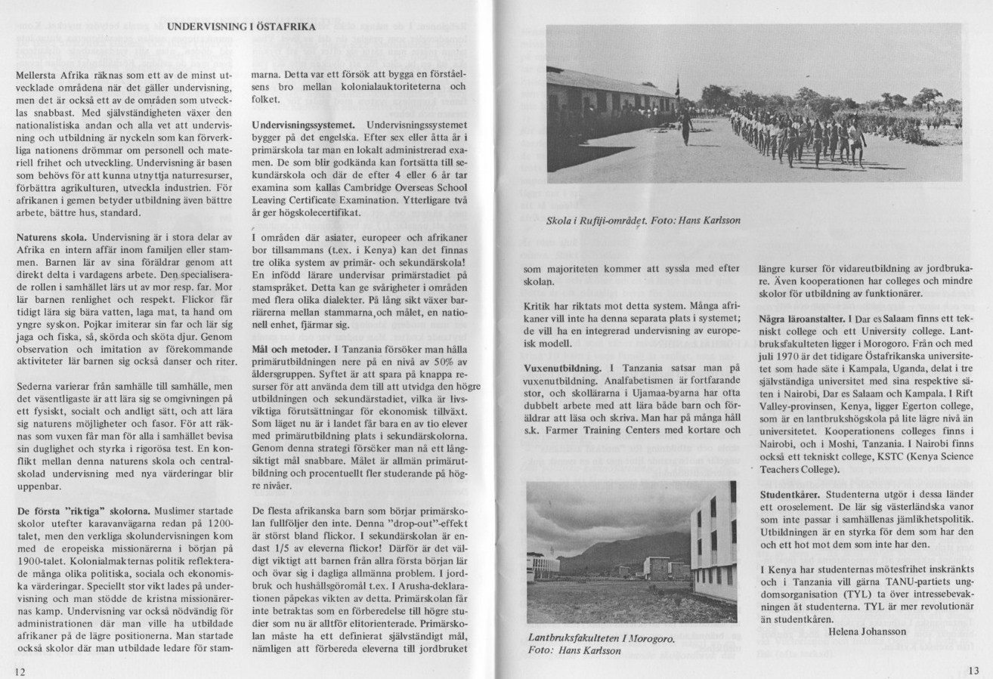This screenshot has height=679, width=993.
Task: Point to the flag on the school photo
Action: point(679,85)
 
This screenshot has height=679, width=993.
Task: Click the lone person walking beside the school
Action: point(686,126)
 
